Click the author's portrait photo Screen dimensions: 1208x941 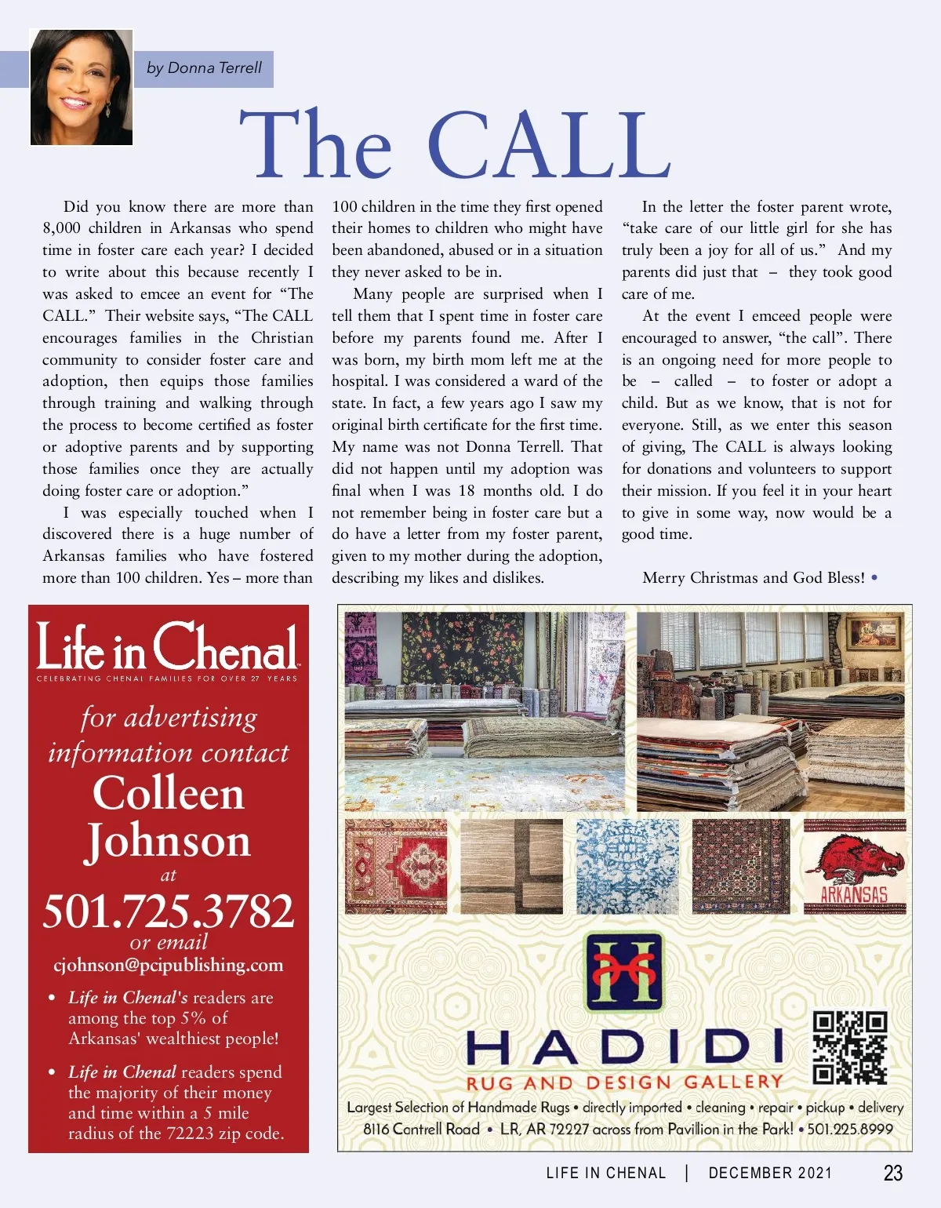coord(82,87)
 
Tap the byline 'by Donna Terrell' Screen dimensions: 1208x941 coord(204,68)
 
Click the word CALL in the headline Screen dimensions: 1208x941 coord(549,145)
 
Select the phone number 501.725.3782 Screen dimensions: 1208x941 coord(169,911)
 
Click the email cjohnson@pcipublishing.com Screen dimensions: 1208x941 coord(169,966)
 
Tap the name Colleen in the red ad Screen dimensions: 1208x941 coord(169,793)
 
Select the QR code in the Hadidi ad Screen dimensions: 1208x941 coord(849,1047)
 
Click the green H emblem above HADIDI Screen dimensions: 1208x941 coord(624,971)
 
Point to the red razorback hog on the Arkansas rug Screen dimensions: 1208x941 coord(855,857)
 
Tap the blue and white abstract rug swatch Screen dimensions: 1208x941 coord(627,867)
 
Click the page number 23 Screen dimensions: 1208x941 coord(892,1173)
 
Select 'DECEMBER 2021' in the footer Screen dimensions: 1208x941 coord(769,1173)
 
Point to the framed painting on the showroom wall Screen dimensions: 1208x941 coord(873,631)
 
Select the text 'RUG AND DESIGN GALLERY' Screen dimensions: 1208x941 coord(624,1083)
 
